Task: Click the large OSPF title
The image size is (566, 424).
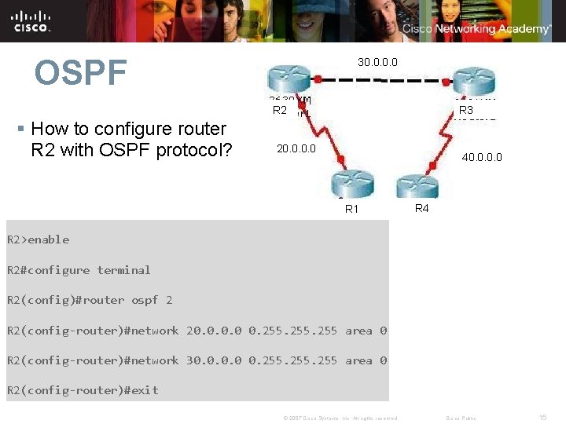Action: [80, 73]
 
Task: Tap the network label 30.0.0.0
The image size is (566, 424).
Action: [377, 62]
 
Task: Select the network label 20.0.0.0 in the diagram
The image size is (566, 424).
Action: [296, 148]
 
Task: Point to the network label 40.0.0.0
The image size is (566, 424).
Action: [482, 158]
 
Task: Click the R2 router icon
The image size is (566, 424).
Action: [289, 81]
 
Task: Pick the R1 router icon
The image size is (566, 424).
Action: [351, 185]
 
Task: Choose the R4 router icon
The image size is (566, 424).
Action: [417, 185]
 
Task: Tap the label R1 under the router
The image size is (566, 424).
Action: [351, 209]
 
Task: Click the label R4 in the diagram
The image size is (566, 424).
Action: [421, 208]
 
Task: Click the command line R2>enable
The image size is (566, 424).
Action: [39, 239]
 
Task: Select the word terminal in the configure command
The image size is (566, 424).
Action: [123, 270]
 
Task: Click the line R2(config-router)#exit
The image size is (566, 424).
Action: [83, 390]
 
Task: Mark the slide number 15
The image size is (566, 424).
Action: [542, 418]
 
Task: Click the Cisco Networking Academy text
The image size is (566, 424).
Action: [476, 29]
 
